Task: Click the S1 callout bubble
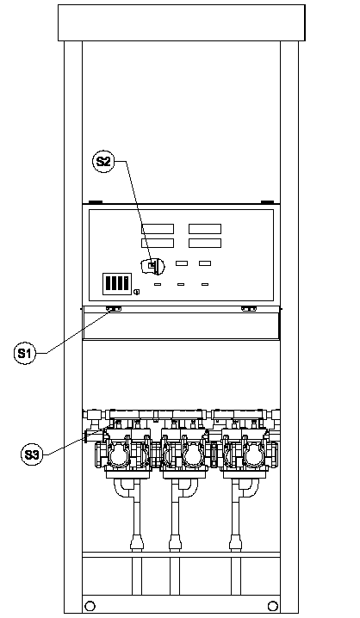[24, 353]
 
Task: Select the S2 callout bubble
[103, 161]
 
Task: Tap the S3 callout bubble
[32, 454]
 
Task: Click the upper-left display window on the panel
[158, 229]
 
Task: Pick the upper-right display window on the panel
[205, 229]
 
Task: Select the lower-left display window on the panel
[158, 243]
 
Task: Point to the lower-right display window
[205, 243]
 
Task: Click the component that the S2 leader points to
[153, 267]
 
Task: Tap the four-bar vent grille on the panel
[117, 284]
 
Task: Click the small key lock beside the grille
[136, 292]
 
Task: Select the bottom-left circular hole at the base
[90, 605]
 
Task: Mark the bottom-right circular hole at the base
[272, 605]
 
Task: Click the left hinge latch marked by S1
[114, 309]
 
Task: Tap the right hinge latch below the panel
[248, 309]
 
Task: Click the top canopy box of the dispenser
[182, 23]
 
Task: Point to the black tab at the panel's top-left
[95, 202]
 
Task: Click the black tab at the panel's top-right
[267, 202]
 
